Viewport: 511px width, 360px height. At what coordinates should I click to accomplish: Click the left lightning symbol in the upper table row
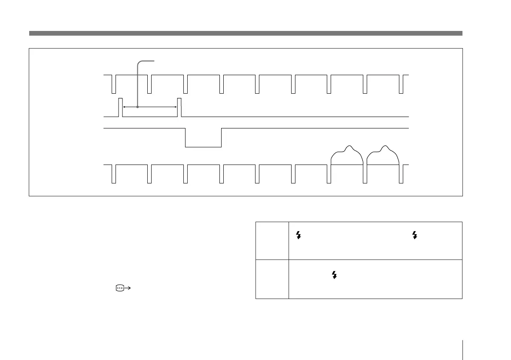click(299, 235)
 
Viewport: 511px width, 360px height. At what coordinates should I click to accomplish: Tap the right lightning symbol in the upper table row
click(415, 235)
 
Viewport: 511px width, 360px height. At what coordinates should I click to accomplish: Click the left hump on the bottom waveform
click(347, 155)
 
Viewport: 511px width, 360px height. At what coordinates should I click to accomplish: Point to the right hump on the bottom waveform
click(383, 155)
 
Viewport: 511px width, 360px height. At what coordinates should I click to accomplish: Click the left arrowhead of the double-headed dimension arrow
click(125, 107)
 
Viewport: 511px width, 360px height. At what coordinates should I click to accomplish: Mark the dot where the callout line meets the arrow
click(137, 107)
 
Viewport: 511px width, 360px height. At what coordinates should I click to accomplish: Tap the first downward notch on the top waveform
click(114, 84)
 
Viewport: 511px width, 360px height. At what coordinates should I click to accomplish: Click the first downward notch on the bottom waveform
click(114, 174)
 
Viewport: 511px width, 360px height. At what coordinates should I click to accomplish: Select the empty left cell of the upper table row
click(272, 240)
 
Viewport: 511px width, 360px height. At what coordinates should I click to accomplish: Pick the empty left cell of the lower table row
click(272, 278)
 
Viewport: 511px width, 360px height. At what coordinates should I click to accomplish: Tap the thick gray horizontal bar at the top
click(246, 33)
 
